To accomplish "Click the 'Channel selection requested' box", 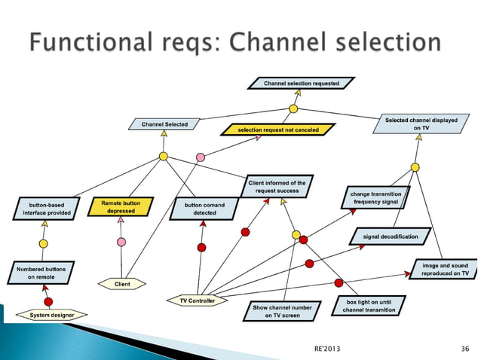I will tap(301, 83).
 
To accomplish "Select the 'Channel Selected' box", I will tap(164, 124).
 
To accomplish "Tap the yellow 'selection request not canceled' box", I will tap(277, 130).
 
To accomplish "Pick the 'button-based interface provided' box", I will tap(46, 209).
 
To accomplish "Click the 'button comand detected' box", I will tap(200, 209).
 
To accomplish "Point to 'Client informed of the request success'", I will tap(277, 187).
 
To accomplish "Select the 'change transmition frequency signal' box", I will tap(375, 198).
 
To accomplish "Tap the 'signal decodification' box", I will tap(391, 236).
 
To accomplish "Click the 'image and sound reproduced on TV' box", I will tap(445, 270).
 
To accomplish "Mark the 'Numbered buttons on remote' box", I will tap(41, 273).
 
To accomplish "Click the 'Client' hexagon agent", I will tap(121, 284).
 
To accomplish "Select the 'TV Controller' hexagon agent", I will tap(197, 301).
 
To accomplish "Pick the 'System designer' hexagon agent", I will tap(47, 315).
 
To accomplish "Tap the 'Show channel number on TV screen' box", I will tap(282, 312).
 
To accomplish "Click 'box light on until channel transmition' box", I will tap(370, 306).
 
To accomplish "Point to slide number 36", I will tap(464, 348).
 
